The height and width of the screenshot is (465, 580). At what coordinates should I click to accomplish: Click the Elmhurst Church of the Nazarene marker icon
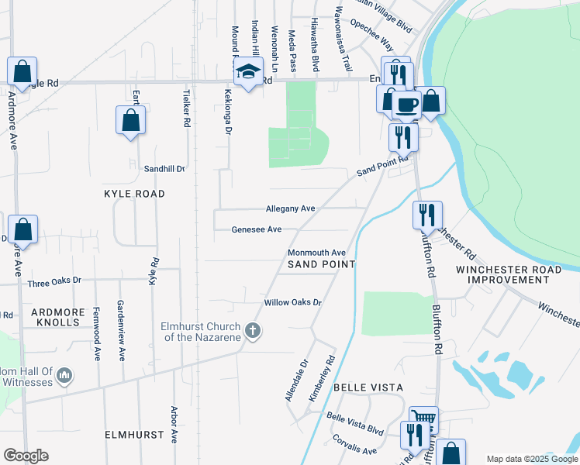(252, 331)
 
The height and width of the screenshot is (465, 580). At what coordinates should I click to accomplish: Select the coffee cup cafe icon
(407, 103)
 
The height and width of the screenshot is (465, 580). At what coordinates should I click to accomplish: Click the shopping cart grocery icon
(423, 418)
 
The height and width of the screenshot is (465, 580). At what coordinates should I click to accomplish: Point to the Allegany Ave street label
(291, 208)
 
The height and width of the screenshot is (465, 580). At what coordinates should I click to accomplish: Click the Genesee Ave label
(257, 229)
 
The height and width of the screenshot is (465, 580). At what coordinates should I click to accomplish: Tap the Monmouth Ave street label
(316, 253)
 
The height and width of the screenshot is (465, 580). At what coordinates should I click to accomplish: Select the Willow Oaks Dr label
(292, 302)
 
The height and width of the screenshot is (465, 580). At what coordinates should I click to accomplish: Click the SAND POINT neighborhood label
(321, 264)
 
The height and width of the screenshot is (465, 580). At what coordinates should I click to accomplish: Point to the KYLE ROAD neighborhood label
(134, 194)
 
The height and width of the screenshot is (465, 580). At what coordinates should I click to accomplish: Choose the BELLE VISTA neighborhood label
(369, 387)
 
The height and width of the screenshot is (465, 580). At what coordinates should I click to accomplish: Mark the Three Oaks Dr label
(54, 284)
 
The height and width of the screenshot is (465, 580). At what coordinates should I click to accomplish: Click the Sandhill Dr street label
(165, 168)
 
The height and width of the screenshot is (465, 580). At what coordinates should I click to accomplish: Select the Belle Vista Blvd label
(355, 429)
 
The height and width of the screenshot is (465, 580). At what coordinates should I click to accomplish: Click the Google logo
(26, 456)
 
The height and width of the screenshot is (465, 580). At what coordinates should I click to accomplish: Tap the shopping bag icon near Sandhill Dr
(130, 120)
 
